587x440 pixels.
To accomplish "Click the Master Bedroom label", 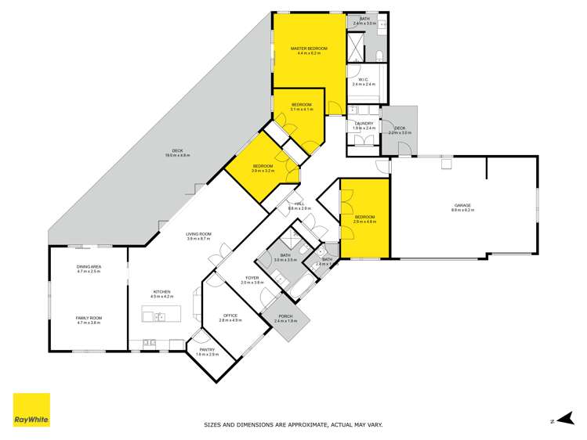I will click(309, 49).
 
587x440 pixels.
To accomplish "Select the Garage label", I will click(462, 206).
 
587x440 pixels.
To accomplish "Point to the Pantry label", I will click(206, 350).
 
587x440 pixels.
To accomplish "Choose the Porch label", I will click(286, 316).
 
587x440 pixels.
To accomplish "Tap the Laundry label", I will click(364, 123).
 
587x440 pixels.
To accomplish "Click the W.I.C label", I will click(364, 79).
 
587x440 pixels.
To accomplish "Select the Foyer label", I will click(252, 277).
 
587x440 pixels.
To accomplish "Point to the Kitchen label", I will click(161, 292).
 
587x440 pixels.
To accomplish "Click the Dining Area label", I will click(89, 267).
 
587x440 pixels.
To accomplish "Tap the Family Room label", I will click(89, 318).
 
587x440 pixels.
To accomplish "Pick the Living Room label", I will click(198, 233).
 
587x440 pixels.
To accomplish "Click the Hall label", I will click(299, 204).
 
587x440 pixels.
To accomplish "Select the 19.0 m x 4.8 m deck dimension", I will click(178, 156).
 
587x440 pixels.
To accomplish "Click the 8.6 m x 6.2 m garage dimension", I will click(462, 211).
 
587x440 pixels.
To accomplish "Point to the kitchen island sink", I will click(160, 317).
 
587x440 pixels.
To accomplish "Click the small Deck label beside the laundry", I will click(400, 128).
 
